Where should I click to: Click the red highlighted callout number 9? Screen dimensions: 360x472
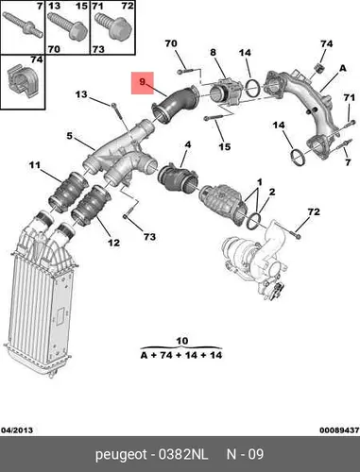(142, 82)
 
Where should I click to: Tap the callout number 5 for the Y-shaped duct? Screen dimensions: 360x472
(69, 136)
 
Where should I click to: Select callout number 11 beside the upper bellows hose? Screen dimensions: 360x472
(35, 164)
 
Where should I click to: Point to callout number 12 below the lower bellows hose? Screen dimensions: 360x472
(113, 243)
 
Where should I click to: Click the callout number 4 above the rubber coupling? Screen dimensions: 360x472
(188, 144)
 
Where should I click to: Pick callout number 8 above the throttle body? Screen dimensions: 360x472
(214, 52)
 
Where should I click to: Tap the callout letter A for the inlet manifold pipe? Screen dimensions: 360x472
(343, 68)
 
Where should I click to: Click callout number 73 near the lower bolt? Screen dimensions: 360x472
(149, 236)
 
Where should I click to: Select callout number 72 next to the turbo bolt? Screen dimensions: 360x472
(314, 211)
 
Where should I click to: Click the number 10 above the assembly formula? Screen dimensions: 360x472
(182, 341)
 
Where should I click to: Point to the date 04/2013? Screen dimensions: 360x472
(17, 430)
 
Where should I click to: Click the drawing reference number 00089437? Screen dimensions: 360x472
(339, 430)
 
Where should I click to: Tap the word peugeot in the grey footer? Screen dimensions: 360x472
(121, 455)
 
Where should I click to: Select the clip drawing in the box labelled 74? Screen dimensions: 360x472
(22, 82)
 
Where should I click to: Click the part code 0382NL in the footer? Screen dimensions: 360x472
(183, 454)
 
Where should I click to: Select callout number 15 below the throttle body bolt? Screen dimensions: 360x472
(225, 146)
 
